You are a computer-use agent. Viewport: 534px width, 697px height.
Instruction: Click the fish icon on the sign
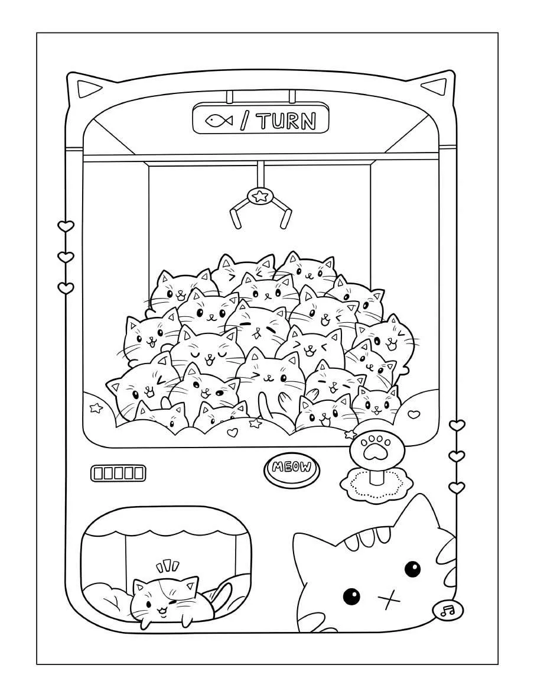coord(219,120)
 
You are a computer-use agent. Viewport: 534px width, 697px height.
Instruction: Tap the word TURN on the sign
coord(287,121)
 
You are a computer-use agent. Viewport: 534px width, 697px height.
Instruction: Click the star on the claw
coord(259,196)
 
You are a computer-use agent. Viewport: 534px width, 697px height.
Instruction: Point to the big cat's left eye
coord(351,595)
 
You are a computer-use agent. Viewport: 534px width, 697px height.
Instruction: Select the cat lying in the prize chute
coord(175,602)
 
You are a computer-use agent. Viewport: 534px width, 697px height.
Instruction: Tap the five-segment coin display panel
coord(118,473)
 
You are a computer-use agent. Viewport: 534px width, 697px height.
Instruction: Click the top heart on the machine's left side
coord(66,226)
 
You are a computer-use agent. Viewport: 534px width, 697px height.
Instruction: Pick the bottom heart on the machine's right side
coord(456,487)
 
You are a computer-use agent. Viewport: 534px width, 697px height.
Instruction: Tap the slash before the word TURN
coord(245,121)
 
